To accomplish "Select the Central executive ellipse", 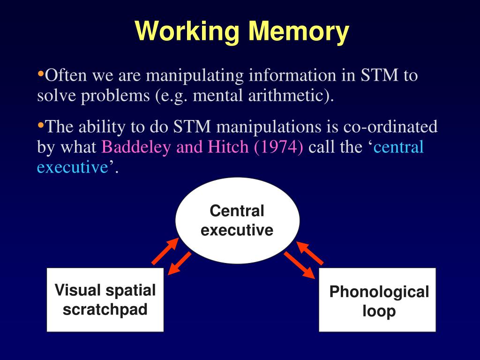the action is [x=237, y=220].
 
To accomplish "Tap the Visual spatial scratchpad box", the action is [x=105, y=300].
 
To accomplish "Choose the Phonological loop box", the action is [x=377, y=300].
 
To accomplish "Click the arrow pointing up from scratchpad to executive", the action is [x=165, y=251].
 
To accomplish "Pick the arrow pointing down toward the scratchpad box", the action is [x=180, y=263].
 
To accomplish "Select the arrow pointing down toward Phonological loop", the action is [x=300, y=265].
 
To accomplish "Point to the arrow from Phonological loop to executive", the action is [x=309, y=253].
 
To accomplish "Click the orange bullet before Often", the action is [x=40, y=74].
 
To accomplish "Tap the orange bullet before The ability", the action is [x=40, y=125].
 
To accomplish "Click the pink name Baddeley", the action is [x=136, y=147].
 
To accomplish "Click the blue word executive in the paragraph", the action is [x=73, y=167].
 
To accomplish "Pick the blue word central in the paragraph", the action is [x=398, y=147].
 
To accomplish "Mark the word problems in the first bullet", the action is [x=115, y=96].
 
